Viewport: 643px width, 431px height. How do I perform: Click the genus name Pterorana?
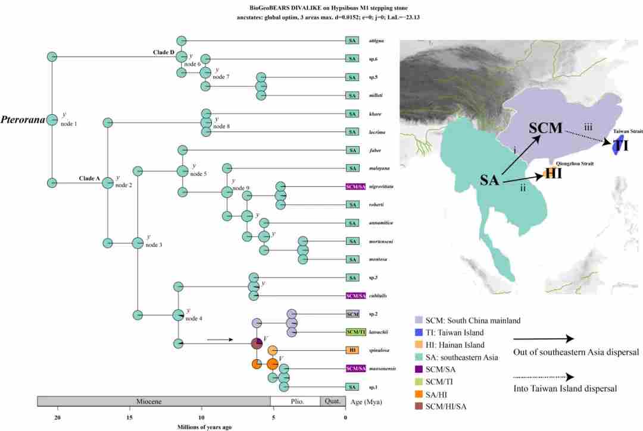tap(23, 120)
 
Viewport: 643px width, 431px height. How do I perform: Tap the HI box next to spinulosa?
tap(352, 351)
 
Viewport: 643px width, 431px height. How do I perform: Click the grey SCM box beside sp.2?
tap(352, 314)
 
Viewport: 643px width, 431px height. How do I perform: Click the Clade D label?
tap(163, 52)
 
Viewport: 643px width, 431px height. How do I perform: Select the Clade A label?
tap(90, 178)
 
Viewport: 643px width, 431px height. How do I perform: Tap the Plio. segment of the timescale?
tap(296, 401)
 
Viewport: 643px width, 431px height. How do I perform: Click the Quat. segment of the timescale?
tap(332, 401)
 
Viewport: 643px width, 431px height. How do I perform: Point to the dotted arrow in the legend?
tap(544, 376)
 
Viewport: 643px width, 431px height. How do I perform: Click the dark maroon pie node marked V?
tap(257, 344)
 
